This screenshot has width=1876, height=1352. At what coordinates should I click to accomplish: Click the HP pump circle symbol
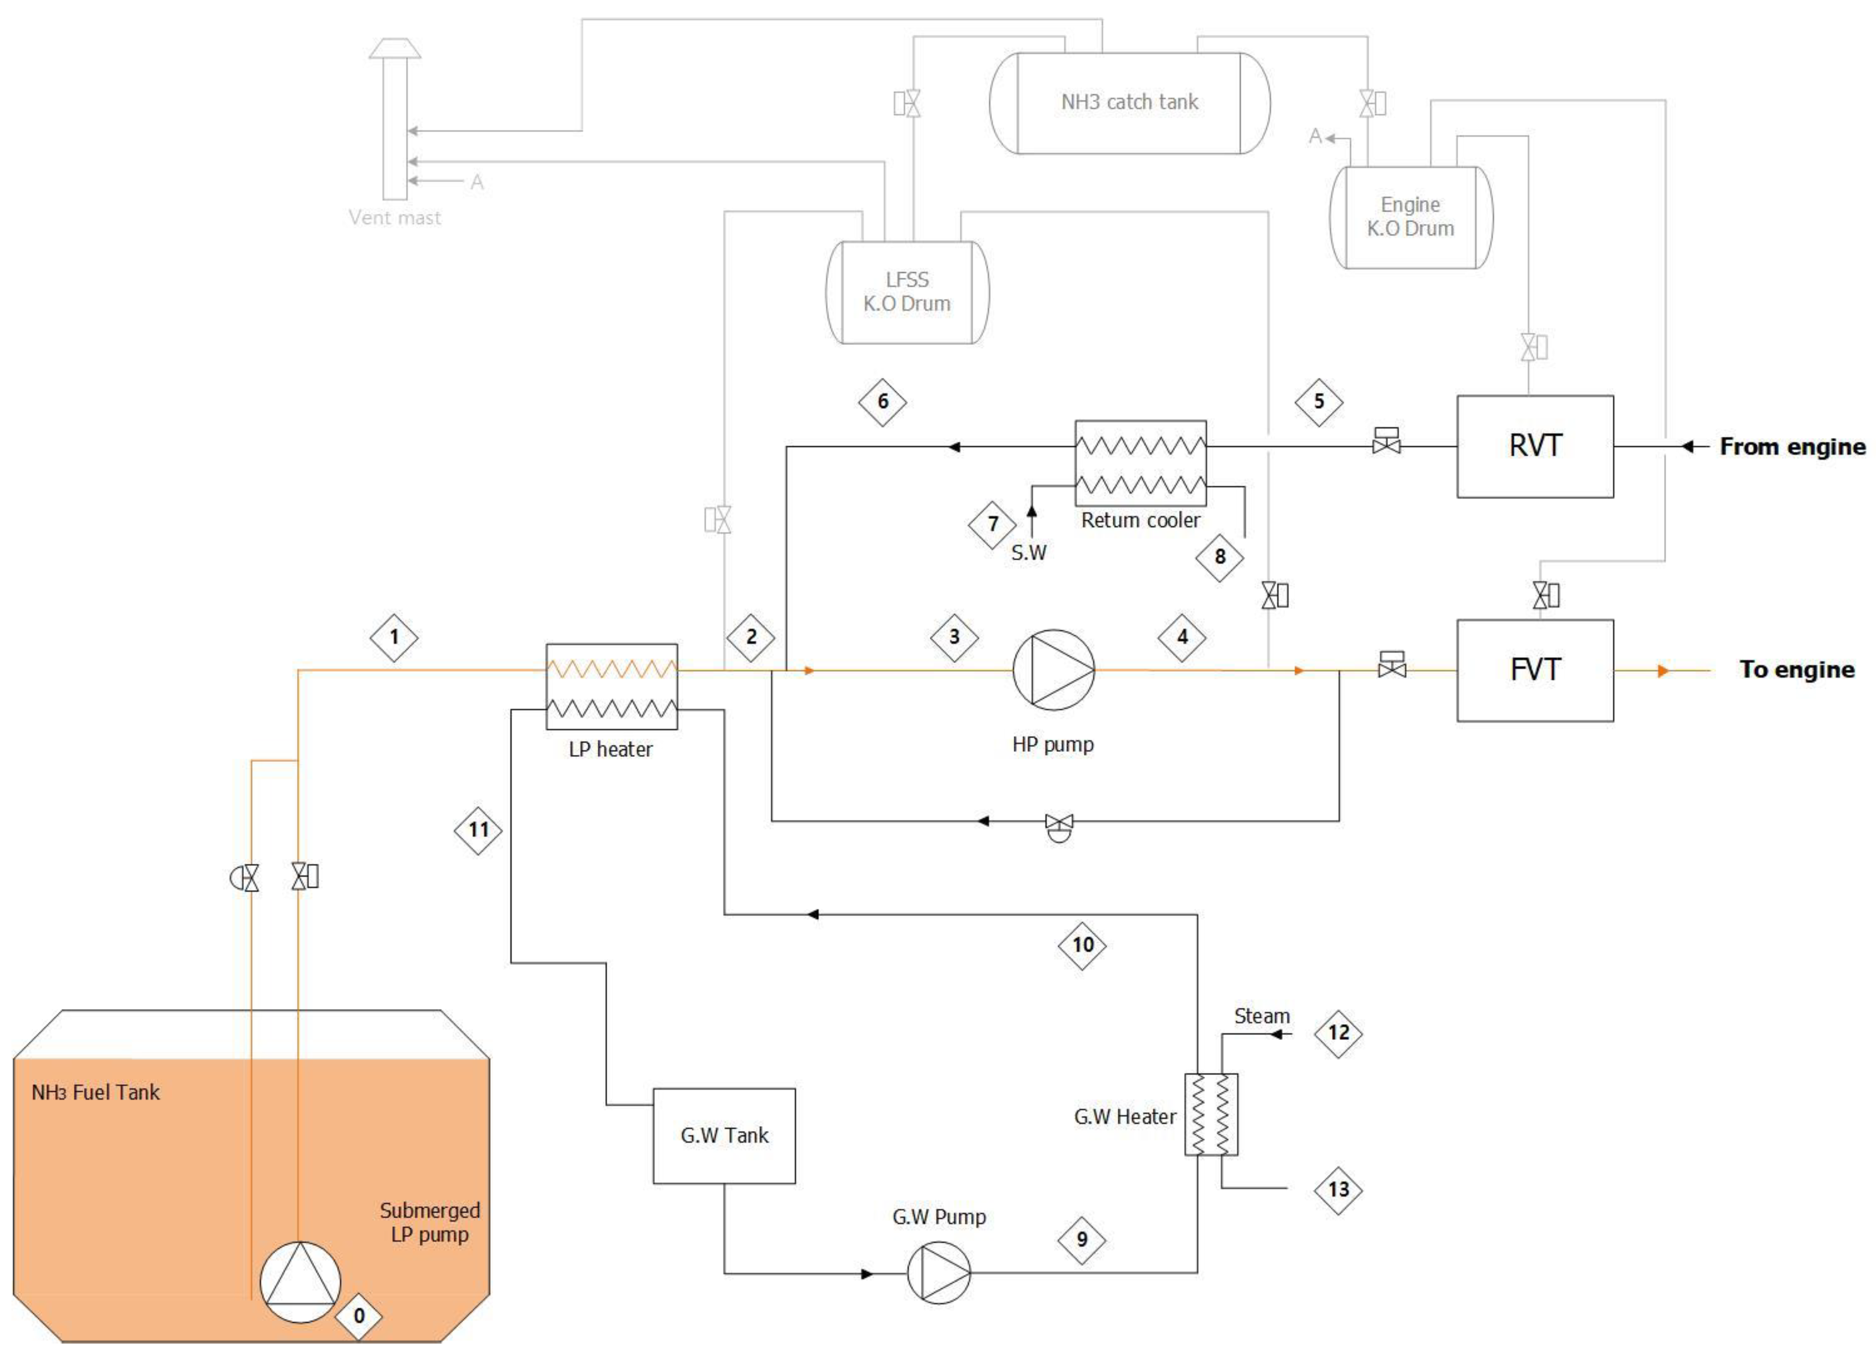[1053, 670]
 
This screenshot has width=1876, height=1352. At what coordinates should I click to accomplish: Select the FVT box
[1535, 670]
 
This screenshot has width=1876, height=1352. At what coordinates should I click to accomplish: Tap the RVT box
[1535, 446]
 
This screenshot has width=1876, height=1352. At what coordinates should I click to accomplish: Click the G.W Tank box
[724, 1136]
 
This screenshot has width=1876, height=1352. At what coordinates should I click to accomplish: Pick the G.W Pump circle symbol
[939, 1273]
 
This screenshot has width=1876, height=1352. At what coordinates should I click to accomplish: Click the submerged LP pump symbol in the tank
[300, 1282]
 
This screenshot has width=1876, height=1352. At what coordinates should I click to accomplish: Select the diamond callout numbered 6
[883, 402]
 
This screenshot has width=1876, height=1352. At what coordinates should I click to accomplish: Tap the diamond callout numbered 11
[478, 830]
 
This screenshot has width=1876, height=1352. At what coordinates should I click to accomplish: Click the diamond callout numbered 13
[1337, 1190]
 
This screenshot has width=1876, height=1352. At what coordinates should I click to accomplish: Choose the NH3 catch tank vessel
[1129, 103]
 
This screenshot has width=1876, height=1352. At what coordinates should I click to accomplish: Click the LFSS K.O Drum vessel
[907, 292]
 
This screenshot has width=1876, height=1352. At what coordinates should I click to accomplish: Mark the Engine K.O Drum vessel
[1410, 216]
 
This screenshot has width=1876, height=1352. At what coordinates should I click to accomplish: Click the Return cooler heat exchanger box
[1140, 463]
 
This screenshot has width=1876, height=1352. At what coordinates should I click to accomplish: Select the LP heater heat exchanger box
[611, 686]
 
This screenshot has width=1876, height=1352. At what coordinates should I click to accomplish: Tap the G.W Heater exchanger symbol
[1211, 1114]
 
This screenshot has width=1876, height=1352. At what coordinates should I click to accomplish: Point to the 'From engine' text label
[1791, 446]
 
